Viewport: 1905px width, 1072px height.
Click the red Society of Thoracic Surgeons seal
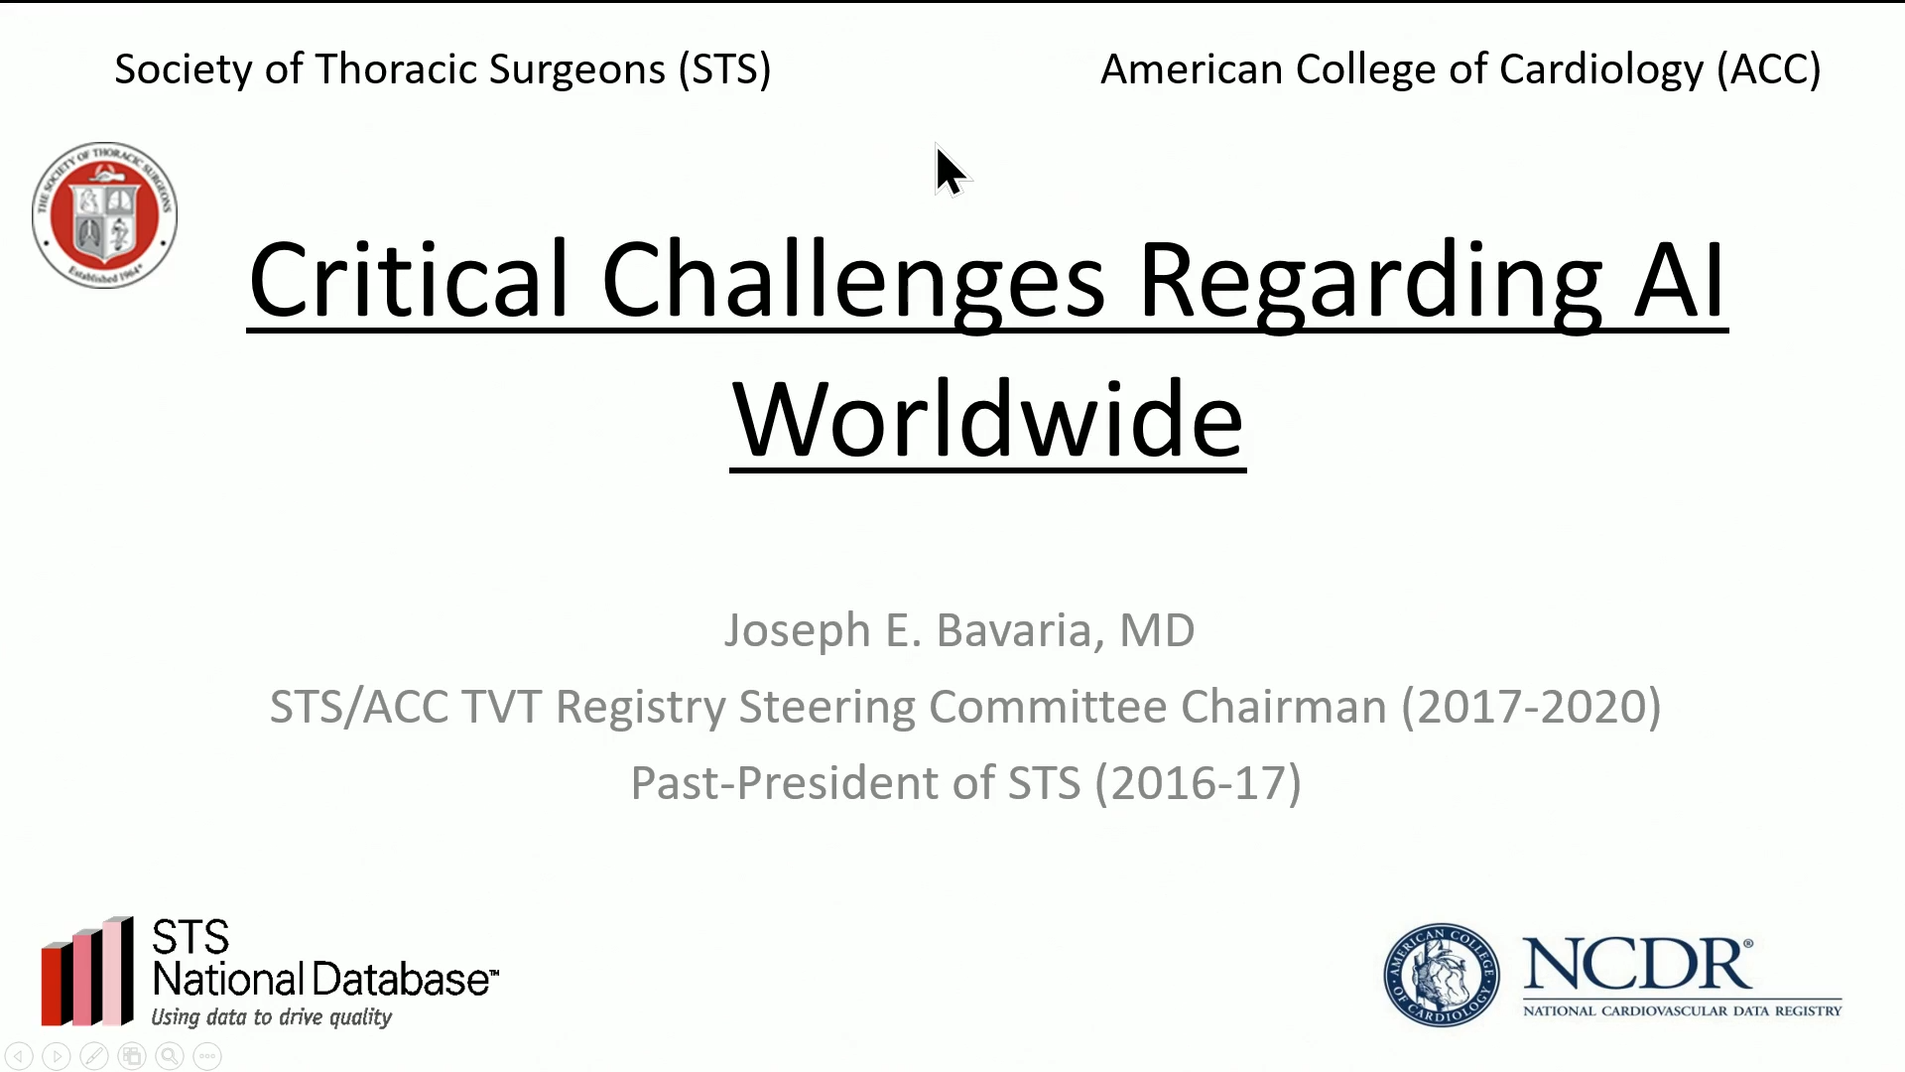point(104,214)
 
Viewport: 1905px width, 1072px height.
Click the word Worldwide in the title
point(987,420)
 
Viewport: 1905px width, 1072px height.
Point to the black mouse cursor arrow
point(951,172)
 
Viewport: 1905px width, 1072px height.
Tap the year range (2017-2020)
point(1531,707)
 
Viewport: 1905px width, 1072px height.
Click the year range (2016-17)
point(1198,783)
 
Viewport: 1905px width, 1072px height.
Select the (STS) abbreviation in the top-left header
point(725,69)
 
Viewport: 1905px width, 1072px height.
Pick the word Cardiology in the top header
point(1601,69)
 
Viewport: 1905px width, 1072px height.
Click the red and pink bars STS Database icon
point(87,972)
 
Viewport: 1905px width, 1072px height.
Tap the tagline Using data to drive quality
point(271,1017)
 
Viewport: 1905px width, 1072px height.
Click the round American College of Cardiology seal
point(1442,975)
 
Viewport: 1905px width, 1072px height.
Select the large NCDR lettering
point(1638,965)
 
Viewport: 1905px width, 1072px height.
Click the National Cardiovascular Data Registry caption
point(1682,1010)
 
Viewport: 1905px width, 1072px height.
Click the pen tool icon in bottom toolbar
point(94,1057)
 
